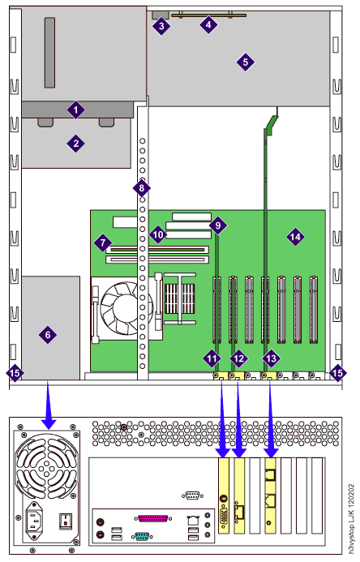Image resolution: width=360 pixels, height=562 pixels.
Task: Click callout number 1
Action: [75, 110]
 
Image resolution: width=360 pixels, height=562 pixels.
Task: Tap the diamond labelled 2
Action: [75, 144]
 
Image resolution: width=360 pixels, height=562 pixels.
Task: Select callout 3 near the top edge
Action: [161, 26]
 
